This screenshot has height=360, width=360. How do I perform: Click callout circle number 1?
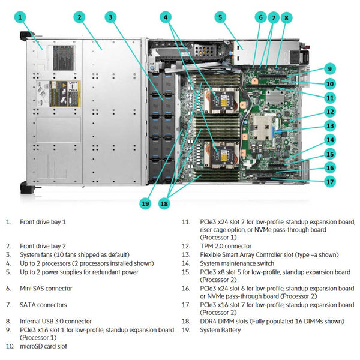coord(22,17)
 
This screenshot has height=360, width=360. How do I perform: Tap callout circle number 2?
coord(79,17)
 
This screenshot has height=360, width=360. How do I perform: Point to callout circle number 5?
coord(220,17)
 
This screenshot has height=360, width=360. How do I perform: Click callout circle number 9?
coord(329,68)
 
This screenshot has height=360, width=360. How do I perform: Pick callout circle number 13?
coord(329,125)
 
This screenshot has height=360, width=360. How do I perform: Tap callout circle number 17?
coord(329,181)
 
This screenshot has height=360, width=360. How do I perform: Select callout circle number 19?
coord(145,203)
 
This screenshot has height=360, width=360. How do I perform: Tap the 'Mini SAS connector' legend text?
coord(46,289)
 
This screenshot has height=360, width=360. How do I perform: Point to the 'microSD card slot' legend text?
coord(43,346)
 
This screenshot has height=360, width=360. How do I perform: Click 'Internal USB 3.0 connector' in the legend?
coord(56,321)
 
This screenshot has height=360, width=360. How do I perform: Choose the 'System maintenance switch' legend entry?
coord(237,263)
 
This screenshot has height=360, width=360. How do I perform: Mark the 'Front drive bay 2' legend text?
coord(43,246)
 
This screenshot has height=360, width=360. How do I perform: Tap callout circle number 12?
coord(329,111)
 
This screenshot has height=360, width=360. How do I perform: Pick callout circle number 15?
coord(329,154)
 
